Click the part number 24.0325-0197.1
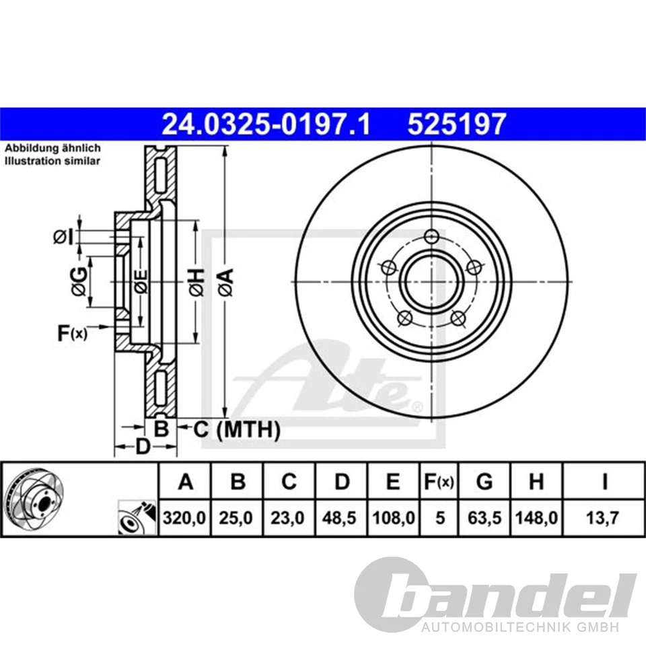[x=266, y=124]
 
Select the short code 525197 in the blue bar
[x=456, y=124]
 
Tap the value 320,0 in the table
[x=184, y=518]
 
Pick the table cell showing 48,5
[x=342, y=518]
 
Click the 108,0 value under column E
[x=394, y=518]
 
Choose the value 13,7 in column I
[x=604, y=518]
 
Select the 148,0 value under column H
[x=536, y=518]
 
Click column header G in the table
[x=484, y=482]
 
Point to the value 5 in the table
[x=440, y=518]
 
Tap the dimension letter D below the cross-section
[x=142, y=446]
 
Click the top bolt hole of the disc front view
[x=431, y=236]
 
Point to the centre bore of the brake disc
[x=431, y=281]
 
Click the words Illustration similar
[x=52, y=161]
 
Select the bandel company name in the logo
[x=515, y=595]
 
